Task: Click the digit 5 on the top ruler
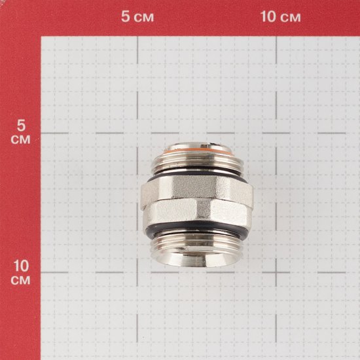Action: pos(126,17)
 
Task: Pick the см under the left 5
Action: pos(20,140)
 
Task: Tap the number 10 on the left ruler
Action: pos(20,266)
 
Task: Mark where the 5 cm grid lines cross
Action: pos(136,132)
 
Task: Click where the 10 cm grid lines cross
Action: pos(276,273)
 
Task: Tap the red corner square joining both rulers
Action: pos(20,18)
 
